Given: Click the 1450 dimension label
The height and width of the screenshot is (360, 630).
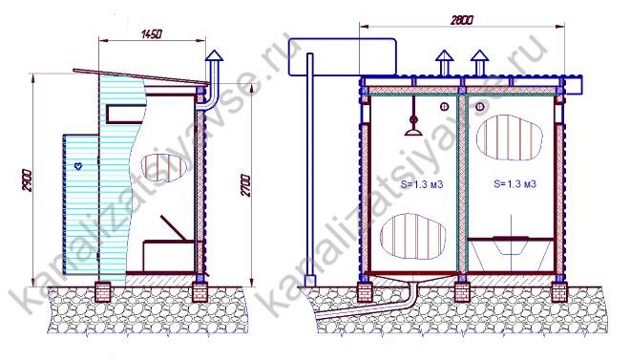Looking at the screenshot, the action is coord(152,33).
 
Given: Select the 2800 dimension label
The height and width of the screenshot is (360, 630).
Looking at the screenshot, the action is coord(462,20).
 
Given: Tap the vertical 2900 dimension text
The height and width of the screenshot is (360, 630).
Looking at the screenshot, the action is coord(27,180).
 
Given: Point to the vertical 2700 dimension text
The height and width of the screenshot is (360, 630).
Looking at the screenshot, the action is coord(245,185).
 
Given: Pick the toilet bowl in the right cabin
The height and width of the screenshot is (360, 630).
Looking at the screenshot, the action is coord(509,244).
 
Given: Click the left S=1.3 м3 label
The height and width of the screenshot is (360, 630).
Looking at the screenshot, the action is coord(422,184).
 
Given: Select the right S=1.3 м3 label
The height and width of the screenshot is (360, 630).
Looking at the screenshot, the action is coord(514,184).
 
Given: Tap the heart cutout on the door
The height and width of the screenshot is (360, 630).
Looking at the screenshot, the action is coord(78,165).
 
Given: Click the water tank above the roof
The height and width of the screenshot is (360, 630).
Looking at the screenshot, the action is coord(343,56).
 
